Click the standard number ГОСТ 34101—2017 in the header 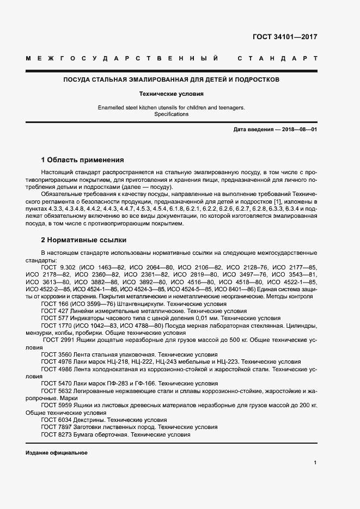coord(284,38)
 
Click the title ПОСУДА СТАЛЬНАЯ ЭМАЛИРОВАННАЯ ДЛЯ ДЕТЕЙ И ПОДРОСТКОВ coord(172,79)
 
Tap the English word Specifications coord(171,114)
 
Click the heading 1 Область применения coord(82,160)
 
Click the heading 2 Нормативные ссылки coord(83,240)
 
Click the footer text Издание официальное coord(56,453)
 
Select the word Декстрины coord(88,420)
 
